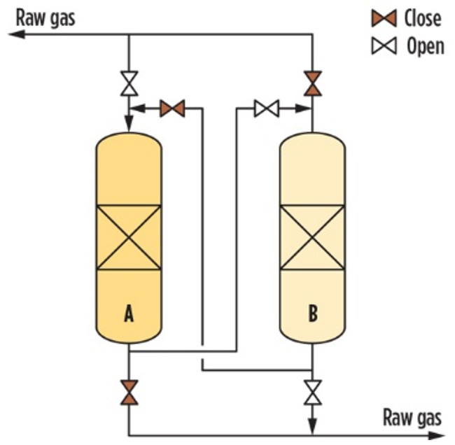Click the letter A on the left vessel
[129, 313]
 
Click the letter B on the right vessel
[313, 313]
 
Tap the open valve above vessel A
[129, 83]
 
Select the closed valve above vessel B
[312, 83]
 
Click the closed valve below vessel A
[129, 392]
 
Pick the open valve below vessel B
[312, 392]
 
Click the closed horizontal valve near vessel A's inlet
[172, 108]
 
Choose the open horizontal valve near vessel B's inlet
[267, 108]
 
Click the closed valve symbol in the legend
[384, 18]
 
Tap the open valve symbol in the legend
[384, 46]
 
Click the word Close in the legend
[423, 18]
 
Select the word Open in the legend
[426, 46]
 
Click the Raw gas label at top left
[45, 18]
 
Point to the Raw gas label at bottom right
[412, 418]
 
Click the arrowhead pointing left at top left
[17, 34]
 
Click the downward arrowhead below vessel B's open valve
[312, 426]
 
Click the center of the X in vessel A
[129, 238]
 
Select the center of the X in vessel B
[312, 238]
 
